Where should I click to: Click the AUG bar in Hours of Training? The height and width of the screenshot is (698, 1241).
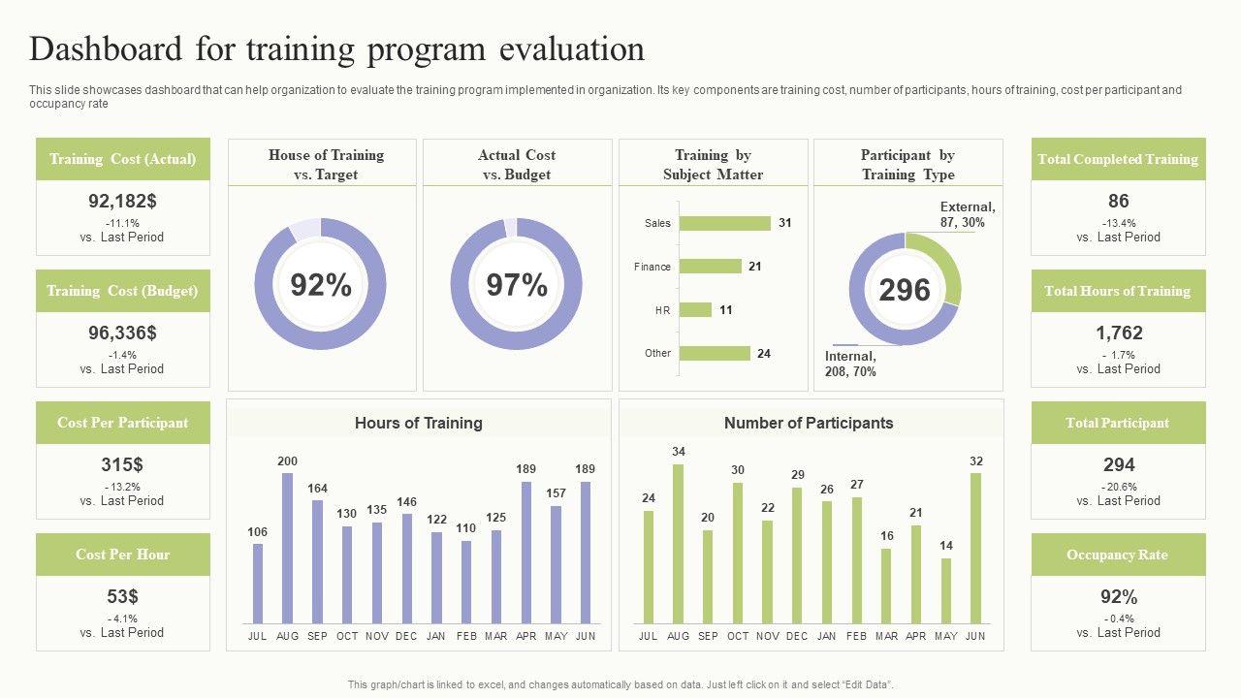[287, 548]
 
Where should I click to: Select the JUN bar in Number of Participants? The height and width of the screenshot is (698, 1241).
[975, 548]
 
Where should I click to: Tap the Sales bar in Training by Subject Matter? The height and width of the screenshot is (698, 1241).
[724, 223]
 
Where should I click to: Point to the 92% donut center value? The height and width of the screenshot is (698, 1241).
[321, 285]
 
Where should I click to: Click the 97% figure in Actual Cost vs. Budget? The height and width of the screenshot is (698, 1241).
[517, 285]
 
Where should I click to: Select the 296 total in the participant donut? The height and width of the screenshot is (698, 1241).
[905, 290]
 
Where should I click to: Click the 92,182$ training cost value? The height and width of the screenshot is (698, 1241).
[122, 202]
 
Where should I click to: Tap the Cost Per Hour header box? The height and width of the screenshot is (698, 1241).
[123, 555]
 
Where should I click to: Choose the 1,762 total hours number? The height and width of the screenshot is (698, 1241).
[1119, 333]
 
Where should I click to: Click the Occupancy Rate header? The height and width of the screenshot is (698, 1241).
[1118, 555]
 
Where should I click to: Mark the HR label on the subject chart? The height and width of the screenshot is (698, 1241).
[662, 310]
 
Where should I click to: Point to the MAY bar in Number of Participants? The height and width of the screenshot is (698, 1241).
[945, 590]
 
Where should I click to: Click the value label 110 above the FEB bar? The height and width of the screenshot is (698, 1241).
[466, 528]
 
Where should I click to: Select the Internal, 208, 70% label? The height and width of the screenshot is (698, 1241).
[850, 364]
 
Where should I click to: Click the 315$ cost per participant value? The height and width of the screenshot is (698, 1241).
[122, 464]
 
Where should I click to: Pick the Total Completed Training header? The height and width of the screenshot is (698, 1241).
[1118, 159]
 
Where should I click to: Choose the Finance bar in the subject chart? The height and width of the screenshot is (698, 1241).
[710, 267]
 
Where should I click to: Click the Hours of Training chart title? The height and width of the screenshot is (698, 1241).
[418, 423]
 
